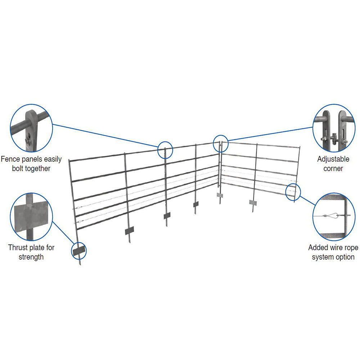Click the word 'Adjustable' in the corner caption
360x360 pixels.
333,159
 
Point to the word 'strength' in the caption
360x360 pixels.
31,257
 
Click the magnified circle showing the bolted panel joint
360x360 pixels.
31,128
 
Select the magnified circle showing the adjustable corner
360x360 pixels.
334,128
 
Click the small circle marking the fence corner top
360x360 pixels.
220,143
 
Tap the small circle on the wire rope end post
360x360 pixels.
293,191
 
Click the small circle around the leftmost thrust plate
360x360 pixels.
79,251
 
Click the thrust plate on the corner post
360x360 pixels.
220,195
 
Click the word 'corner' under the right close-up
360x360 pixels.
333,168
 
